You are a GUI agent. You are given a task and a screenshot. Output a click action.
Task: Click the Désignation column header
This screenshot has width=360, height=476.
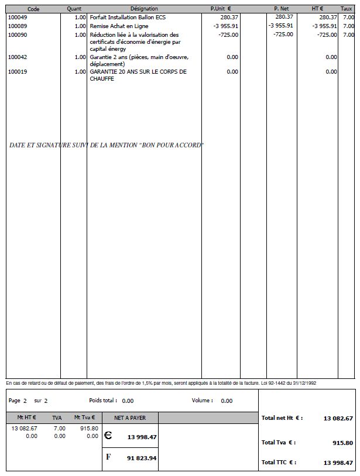click(144, 9)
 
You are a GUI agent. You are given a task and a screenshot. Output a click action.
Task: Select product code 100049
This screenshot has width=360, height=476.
click(18, 18)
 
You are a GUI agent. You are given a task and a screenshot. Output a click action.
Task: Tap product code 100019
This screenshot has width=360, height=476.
click(18, 72)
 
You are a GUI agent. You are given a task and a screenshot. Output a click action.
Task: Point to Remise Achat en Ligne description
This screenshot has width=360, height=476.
click(119, 26)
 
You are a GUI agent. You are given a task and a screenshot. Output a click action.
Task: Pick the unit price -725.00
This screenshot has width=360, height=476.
click(228, 35)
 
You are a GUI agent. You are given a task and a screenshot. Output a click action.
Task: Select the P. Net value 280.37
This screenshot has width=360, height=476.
click(284, 18)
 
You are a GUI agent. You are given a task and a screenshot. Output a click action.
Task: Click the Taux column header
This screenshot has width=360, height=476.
click(347, 9)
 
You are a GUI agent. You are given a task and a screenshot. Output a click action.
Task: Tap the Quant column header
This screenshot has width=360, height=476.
click(74, 9)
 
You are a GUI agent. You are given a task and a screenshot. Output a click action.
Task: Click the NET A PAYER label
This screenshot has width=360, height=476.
click(130, 418)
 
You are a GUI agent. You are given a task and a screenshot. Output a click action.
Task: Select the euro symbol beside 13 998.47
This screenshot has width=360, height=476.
click(108, 436)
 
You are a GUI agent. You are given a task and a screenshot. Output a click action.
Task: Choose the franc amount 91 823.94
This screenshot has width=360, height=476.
click(142, 458)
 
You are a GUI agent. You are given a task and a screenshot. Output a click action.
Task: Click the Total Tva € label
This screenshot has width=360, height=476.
click(279, 443)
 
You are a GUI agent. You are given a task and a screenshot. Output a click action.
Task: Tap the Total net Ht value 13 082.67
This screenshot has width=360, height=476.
click(338, 418)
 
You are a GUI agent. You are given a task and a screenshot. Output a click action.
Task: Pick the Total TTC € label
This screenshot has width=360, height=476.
click(279, 462)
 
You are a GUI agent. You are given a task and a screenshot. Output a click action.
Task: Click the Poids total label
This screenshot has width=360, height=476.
click(103, 401)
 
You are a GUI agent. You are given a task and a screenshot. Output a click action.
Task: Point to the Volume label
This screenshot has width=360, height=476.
click(202, 401)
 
